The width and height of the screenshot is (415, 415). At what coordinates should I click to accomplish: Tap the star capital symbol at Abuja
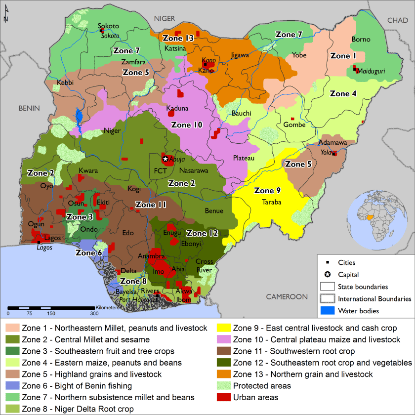[165, 159]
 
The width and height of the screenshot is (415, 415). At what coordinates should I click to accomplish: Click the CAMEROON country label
[287, 296]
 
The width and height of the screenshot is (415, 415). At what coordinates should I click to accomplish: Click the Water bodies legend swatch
[328, 311]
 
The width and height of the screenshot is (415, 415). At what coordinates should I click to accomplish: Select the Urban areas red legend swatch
[223, 398]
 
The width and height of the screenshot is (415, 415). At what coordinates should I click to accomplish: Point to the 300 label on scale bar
[93, 313]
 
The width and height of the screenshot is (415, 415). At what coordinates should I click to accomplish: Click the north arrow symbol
[5, 17]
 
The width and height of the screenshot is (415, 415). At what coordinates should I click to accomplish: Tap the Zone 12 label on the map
[203, 233]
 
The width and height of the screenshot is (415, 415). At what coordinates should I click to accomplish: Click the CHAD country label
[398, 20]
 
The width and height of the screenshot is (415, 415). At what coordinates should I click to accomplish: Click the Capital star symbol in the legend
[328, 275]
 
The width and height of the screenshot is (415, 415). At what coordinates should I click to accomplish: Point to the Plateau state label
[244, 158]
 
